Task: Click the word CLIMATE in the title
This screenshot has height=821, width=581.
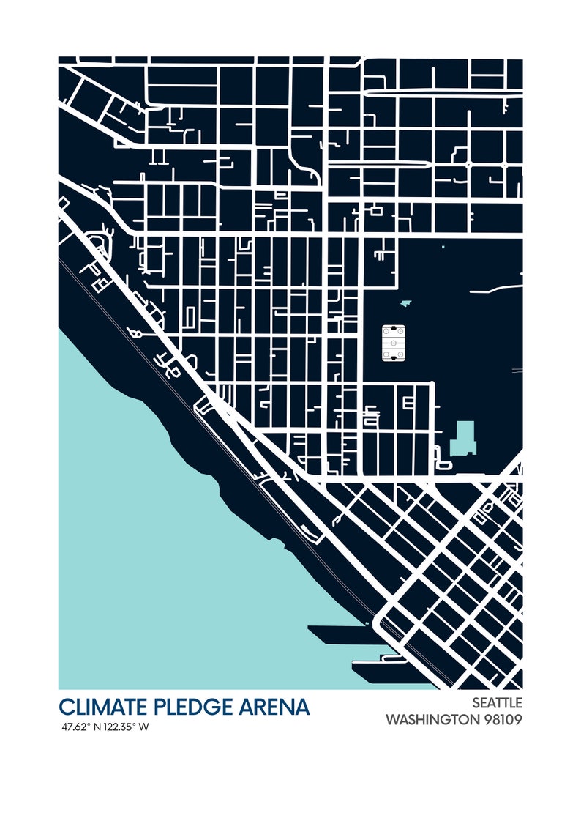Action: [103, 707]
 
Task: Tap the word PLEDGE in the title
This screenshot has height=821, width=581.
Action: [194, 707]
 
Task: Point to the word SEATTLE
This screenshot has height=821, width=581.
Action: [497, 702]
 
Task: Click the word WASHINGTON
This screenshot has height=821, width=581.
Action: [432, 719]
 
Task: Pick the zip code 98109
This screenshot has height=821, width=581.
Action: [503, 719]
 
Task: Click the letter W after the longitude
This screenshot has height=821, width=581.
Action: [144, 727]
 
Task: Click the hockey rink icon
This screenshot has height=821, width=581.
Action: [394, 343]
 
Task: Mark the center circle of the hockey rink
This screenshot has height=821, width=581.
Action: [394, 343]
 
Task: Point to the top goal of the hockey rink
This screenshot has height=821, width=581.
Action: [394, 329]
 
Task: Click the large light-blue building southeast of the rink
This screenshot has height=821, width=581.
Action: [462, 438]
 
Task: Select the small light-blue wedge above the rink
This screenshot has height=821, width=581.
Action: [406, 302]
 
